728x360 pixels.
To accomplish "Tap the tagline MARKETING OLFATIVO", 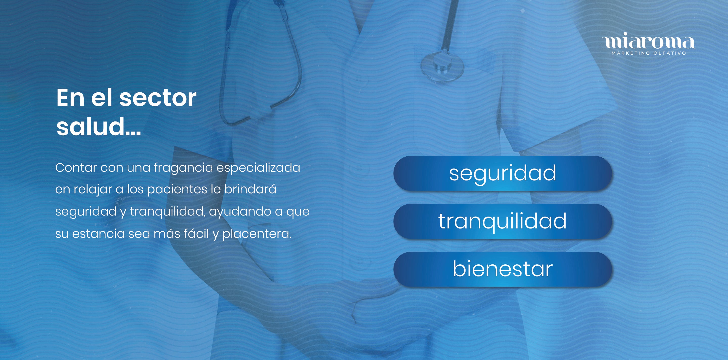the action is tap(649, 53).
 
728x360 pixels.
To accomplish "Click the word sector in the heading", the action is tap(158, 98).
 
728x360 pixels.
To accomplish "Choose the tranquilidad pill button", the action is tap(503, 221).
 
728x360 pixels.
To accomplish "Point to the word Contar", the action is tap(76, 168).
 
